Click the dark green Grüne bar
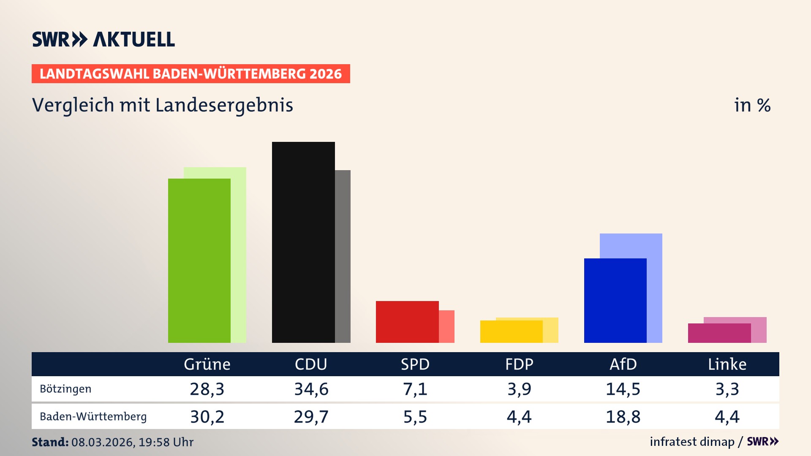click(199, 261)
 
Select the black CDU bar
click(303, 242)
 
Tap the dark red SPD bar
click(407, 322)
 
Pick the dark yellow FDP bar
click(511, 332)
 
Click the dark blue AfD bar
click(615, 301)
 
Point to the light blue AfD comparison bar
click(631, 245)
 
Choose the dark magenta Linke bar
click(719, 333)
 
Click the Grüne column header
click(207, 364)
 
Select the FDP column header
click(519, 364)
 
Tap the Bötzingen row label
click(65, 389)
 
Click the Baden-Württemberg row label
click(93, 417)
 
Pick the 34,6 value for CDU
click(311, 389)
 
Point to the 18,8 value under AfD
click(623, 417)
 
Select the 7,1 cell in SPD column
click(415, 389)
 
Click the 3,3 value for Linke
click(727, 389)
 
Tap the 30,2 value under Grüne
click(207, 417)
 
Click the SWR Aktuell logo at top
click(103, 39)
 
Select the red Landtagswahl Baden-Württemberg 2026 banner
click(191, 74)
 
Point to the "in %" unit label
click(752, 105)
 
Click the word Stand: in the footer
click(50, 442)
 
